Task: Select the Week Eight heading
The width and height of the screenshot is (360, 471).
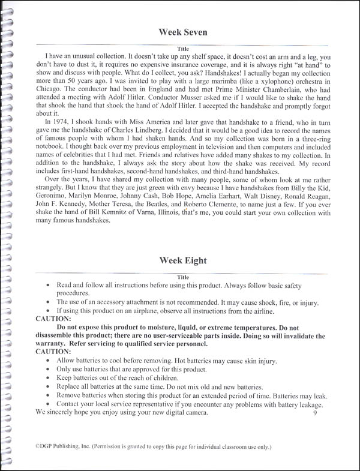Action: pyautogui.click(x=182, y=260)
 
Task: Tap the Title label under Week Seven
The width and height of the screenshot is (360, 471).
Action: pyautogui.click(x=183, y=49)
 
